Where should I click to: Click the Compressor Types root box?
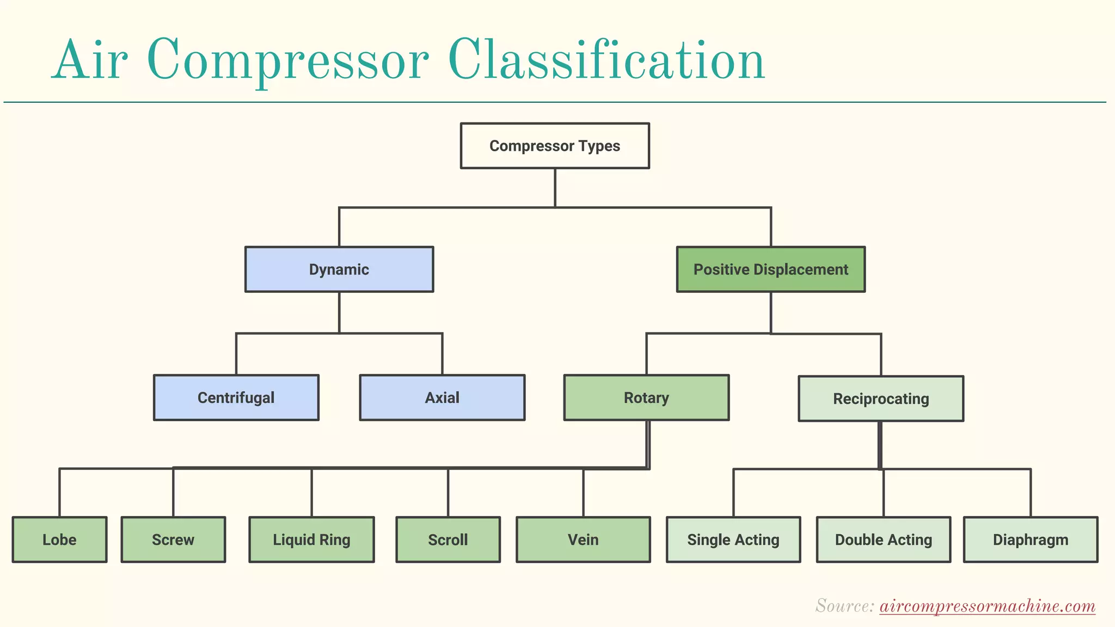554,146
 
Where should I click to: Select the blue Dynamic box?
339,269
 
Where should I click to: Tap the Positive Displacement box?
770,269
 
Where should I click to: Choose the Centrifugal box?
236,398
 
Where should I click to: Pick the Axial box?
442,398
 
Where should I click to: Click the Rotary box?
646,398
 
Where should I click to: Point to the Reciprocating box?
880,399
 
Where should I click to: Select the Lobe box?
59,540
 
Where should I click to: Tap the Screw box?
173,540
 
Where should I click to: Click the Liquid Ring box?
311,540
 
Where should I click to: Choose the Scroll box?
448,540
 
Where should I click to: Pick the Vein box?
583,540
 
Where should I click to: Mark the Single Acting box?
733,540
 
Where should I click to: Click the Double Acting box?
883,540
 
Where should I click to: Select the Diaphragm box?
1030,540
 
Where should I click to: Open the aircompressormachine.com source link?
987,606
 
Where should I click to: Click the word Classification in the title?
606,61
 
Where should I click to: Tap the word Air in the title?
89,61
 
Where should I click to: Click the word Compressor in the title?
287,61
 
